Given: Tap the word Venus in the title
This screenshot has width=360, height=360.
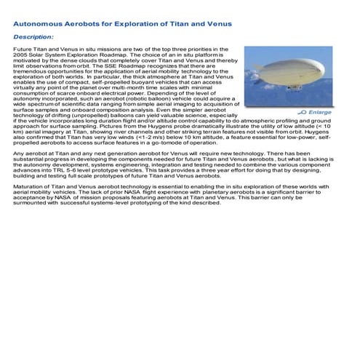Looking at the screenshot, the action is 219,23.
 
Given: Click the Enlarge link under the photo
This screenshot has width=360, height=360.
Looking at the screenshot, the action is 320,113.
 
